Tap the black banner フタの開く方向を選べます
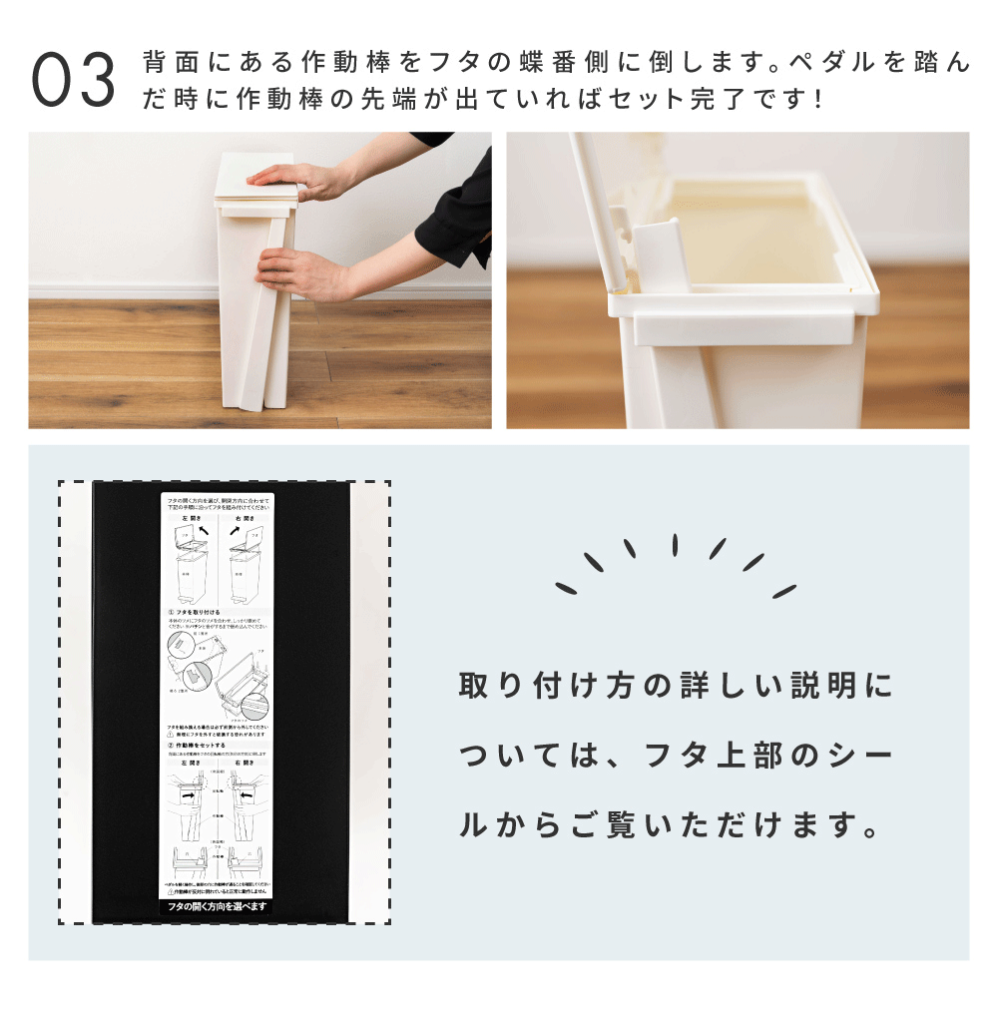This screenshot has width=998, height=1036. click(218, 905)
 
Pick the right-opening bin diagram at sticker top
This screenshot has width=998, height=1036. click(246, 564)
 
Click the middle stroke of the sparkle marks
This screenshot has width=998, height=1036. click(675, 545)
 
